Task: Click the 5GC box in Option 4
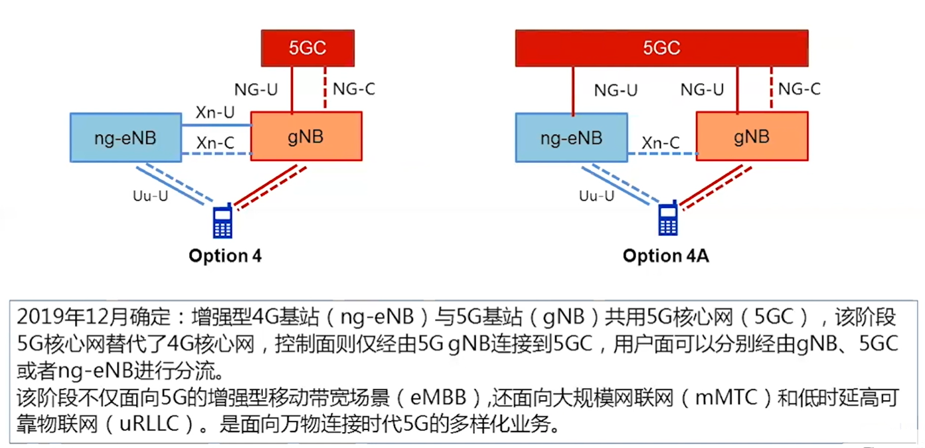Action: coord(307,48)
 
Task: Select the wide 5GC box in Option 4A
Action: coord(661,48)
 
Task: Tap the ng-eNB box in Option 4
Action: coord(126,137)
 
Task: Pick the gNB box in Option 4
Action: coord(307,136)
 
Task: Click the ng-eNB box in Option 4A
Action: coord(571,138)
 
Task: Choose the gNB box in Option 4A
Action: coord(752,136)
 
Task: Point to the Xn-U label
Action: coord(214,113)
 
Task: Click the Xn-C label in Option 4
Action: coord(214,143)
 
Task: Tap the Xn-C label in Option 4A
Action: coord(661,143)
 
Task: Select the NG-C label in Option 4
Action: coord(354,88)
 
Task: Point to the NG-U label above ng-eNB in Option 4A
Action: coord(616,90)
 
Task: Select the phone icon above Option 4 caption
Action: coord(222,221)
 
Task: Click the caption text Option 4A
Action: coord(665,256)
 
